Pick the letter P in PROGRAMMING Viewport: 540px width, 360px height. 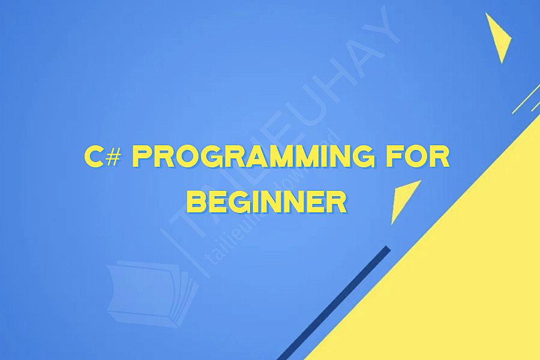click(142, 158)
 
